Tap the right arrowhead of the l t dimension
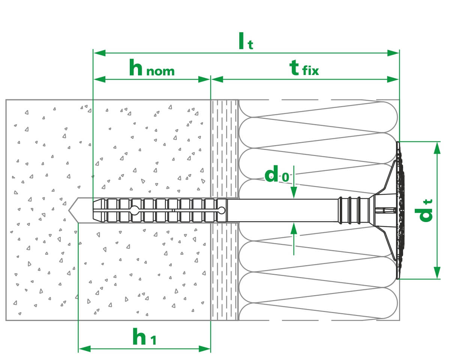click(393, 53)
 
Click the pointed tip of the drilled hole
click(70, 210)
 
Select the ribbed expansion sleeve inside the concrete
click(157, 210)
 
